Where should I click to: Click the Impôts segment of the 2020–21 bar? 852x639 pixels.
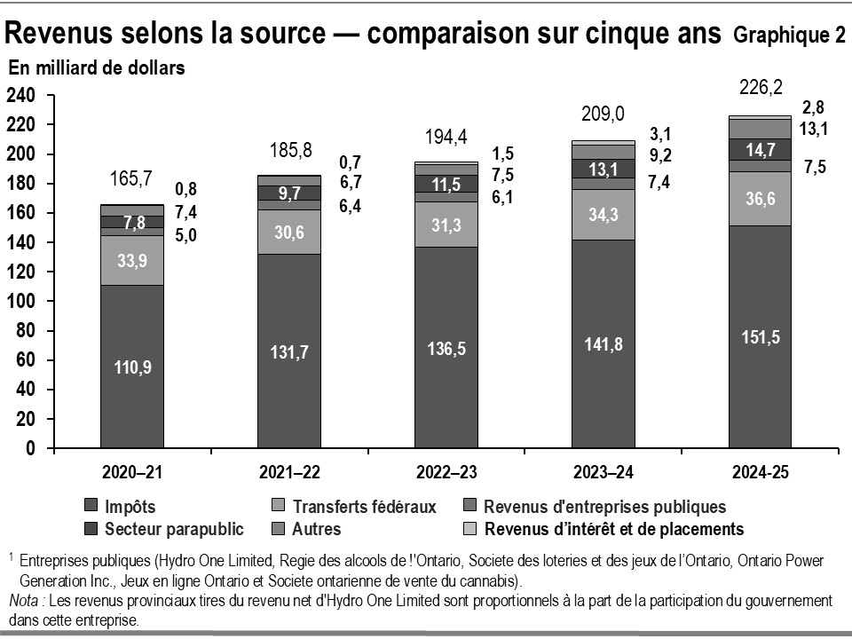point(132,366)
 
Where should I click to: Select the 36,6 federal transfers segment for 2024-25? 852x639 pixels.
point(761,199)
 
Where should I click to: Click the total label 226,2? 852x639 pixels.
point(761,89)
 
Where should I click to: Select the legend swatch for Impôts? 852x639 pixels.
point(91,507)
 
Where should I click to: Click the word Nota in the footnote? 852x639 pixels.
point(24,601)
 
